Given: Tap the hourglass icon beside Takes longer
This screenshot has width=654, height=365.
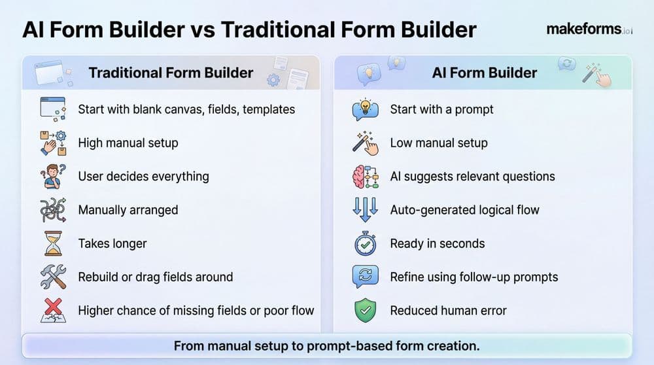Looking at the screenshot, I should [x=52, y=243].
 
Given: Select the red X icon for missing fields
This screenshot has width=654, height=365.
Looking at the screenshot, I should [x=52, y=310].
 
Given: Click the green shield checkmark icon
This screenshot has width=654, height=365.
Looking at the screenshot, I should [x=365, y=310].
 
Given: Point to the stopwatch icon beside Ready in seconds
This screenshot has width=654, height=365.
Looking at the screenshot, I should [x=365, y=243].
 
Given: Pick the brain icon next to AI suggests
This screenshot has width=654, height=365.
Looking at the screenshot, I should [x=365, y=177].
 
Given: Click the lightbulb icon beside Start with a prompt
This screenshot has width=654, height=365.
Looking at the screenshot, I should [x=365, y=109].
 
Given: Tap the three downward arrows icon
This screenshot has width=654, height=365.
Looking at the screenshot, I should [x=365, y=210].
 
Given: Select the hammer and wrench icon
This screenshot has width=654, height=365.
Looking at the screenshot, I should [x=52, y=277].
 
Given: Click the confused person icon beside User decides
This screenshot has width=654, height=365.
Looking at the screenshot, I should [x=52, y=177].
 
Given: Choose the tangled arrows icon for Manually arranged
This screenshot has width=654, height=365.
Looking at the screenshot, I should [x=52, y=210].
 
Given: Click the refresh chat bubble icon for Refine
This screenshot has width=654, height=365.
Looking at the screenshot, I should [x=365, y=277].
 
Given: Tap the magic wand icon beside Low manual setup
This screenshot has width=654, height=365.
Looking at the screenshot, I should [x=365, y=143].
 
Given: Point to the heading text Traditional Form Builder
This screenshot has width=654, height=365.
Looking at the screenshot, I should [x=171, y=73].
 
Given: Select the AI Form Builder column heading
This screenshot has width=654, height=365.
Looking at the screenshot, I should [x=485, y=73].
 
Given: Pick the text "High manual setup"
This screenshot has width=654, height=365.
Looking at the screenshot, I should [x=128, y=143].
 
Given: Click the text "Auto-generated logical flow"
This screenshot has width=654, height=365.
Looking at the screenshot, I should [x=464, y=210].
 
